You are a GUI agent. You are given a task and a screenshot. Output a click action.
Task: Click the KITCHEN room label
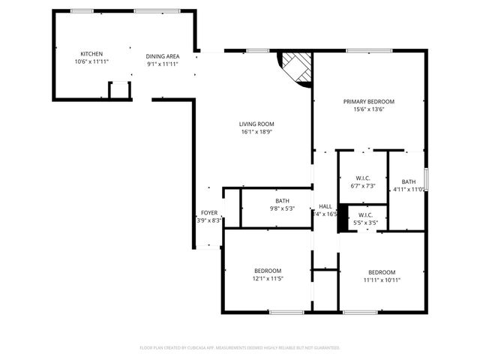pyautogui.click(x=91, y=54)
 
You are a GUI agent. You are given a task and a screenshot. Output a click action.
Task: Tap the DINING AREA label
pyautogui.click(x=163, y=55)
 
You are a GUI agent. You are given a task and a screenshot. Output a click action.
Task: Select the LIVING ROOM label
pyautogui.click(x=256, y=124)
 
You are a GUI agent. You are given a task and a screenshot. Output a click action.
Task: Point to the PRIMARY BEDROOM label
pyautogui.click(x=369, y=101)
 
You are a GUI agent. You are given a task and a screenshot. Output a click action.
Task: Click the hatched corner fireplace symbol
pyautogui.click(x=297, y=67)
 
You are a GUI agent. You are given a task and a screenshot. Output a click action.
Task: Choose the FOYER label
pyautogui.click(x=209, y=213)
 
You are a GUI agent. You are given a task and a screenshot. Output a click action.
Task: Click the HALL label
pyautogui.click(x=325, y=206)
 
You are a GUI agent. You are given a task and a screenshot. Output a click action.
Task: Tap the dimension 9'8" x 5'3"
pyautogui.click(x=282, y=209)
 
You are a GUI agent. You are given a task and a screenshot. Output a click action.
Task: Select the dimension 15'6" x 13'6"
pyautogui.click(x=369, y=109)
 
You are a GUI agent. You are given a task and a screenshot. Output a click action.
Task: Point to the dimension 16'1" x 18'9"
pyautogui.click(x=256, y=133)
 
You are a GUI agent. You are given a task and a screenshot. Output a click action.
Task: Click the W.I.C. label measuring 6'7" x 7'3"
pyautogui.click(x=363, y=178)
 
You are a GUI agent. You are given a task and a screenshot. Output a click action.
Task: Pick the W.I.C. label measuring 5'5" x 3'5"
pyautogui.click(x=364, y=216)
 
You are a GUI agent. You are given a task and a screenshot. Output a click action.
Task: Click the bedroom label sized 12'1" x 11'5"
pyautogui.click(x=268, y=271)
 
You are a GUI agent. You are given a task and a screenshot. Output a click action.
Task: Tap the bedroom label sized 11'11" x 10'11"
pyautogui.click(x=382, y=272)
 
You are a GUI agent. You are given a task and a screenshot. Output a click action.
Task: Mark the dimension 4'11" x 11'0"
pyautogui.click(x=409, y=190)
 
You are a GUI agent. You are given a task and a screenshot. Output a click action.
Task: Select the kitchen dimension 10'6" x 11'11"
pyautogui.click(x=91, y=62)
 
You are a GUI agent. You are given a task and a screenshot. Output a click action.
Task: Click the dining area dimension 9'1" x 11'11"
pyautogui.click(x=163, y=64)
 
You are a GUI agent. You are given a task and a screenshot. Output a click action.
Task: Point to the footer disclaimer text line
pyautogui.click(x=240, y=348)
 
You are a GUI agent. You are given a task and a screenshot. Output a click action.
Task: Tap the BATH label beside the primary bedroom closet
pyautogui.click(x=409, y=181)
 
